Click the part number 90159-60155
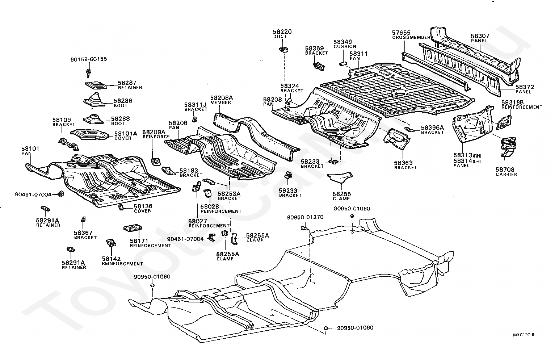point(89,59)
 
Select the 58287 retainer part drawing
point(96,85)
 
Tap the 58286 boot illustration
point(95,100)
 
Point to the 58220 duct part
point(283,49)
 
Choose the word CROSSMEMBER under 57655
point(411,37)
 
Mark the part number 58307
point(480,36)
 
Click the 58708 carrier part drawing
point(508,147)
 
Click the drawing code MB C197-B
point(524,335)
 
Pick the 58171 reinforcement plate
point(133,228)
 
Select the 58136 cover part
point(121,207)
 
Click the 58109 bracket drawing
point(69,144)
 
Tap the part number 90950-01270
point(305,217)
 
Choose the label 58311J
point(196,105)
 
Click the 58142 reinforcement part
point(111,243)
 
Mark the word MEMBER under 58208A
point(220,102)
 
